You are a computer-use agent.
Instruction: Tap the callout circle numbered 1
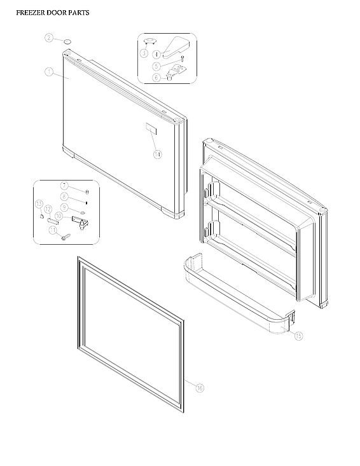point(48,72)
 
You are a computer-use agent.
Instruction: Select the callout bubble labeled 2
point(48,38)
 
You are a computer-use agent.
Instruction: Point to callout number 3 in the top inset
point(144,53)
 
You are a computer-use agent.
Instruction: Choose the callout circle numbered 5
point(156,65)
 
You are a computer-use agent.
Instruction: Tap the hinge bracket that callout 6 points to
point(172,76)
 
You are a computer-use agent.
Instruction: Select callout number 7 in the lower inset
point(64,186)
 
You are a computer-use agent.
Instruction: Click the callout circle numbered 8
point(64,196)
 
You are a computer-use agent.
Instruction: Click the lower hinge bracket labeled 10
point(79,219)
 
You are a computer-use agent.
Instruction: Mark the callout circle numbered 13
point(39,204)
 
